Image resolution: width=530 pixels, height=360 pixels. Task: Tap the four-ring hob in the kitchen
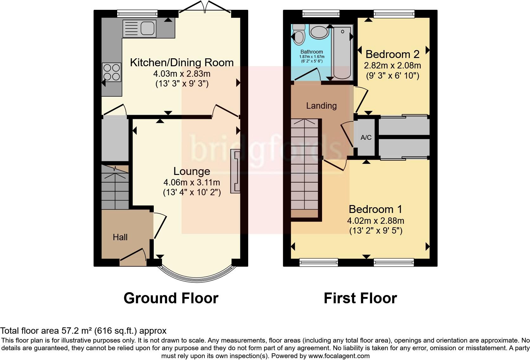tap(112, 72)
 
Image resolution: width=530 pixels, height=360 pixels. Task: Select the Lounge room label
tap(192, 171)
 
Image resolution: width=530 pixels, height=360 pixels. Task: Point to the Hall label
tap(120, 237)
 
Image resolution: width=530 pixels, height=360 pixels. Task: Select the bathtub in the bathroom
tap(342, 53)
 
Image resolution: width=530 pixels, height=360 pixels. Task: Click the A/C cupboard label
tap(366, 138)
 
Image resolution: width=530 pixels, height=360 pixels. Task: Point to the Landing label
tap(321, 106)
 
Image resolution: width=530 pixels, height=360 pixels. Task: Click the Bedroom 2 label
tap(392, 54)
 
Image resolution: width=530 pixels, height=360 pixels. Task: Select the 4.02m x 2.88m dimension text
tap(376, 221)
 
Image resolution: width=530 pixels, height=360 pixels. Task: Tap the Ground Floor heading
tap(171, 298)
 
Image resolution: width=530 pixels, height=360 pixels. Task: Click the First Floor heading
tap(360, 298)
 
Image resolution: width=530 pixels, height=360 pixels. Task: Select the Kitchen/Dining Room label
tap(182, 62)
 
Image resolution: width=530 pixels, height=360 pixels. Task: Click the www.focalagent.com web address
tap(339, 356)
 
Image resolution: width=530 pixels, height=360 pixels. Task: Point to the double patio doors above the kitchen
tap(205, 8)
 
